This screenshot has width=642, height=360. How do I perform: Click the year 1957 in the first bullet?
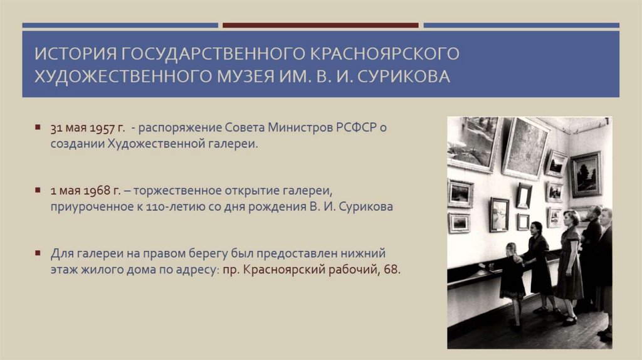[101, 128]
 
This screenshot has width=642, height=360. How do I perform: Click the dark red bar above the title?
[320, 26]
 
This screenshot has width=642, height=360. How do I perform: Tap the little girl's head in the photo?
[512, 249]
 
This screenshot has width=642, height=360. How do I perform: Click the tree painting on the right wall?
[586, 174]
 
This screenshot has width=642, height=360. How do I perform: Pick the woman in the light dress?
[571, 263]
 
